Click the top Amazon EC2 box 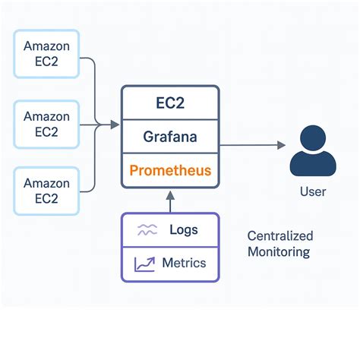[46, 53]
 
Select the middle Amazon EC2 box [46, 124]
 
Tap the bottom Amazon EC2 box [46, 191]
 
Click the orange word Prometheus [170, 170]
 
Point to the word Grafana [170, 138]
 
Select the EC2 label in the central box [170, 105]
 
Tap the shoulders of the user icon [312, 164]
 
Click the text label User [312, 191]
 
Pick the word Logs [184, 230]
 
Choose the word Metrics [184, 264]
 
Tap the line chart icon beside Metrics [146, 264]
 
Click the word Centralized [280, 236]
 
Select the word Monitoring [279, 252]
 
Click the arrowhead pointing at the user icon [281, 144]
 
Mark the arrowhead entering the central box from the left [115, 124]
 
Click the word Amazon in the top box [46, 46]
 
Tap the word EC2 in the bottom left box [46, 199]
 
